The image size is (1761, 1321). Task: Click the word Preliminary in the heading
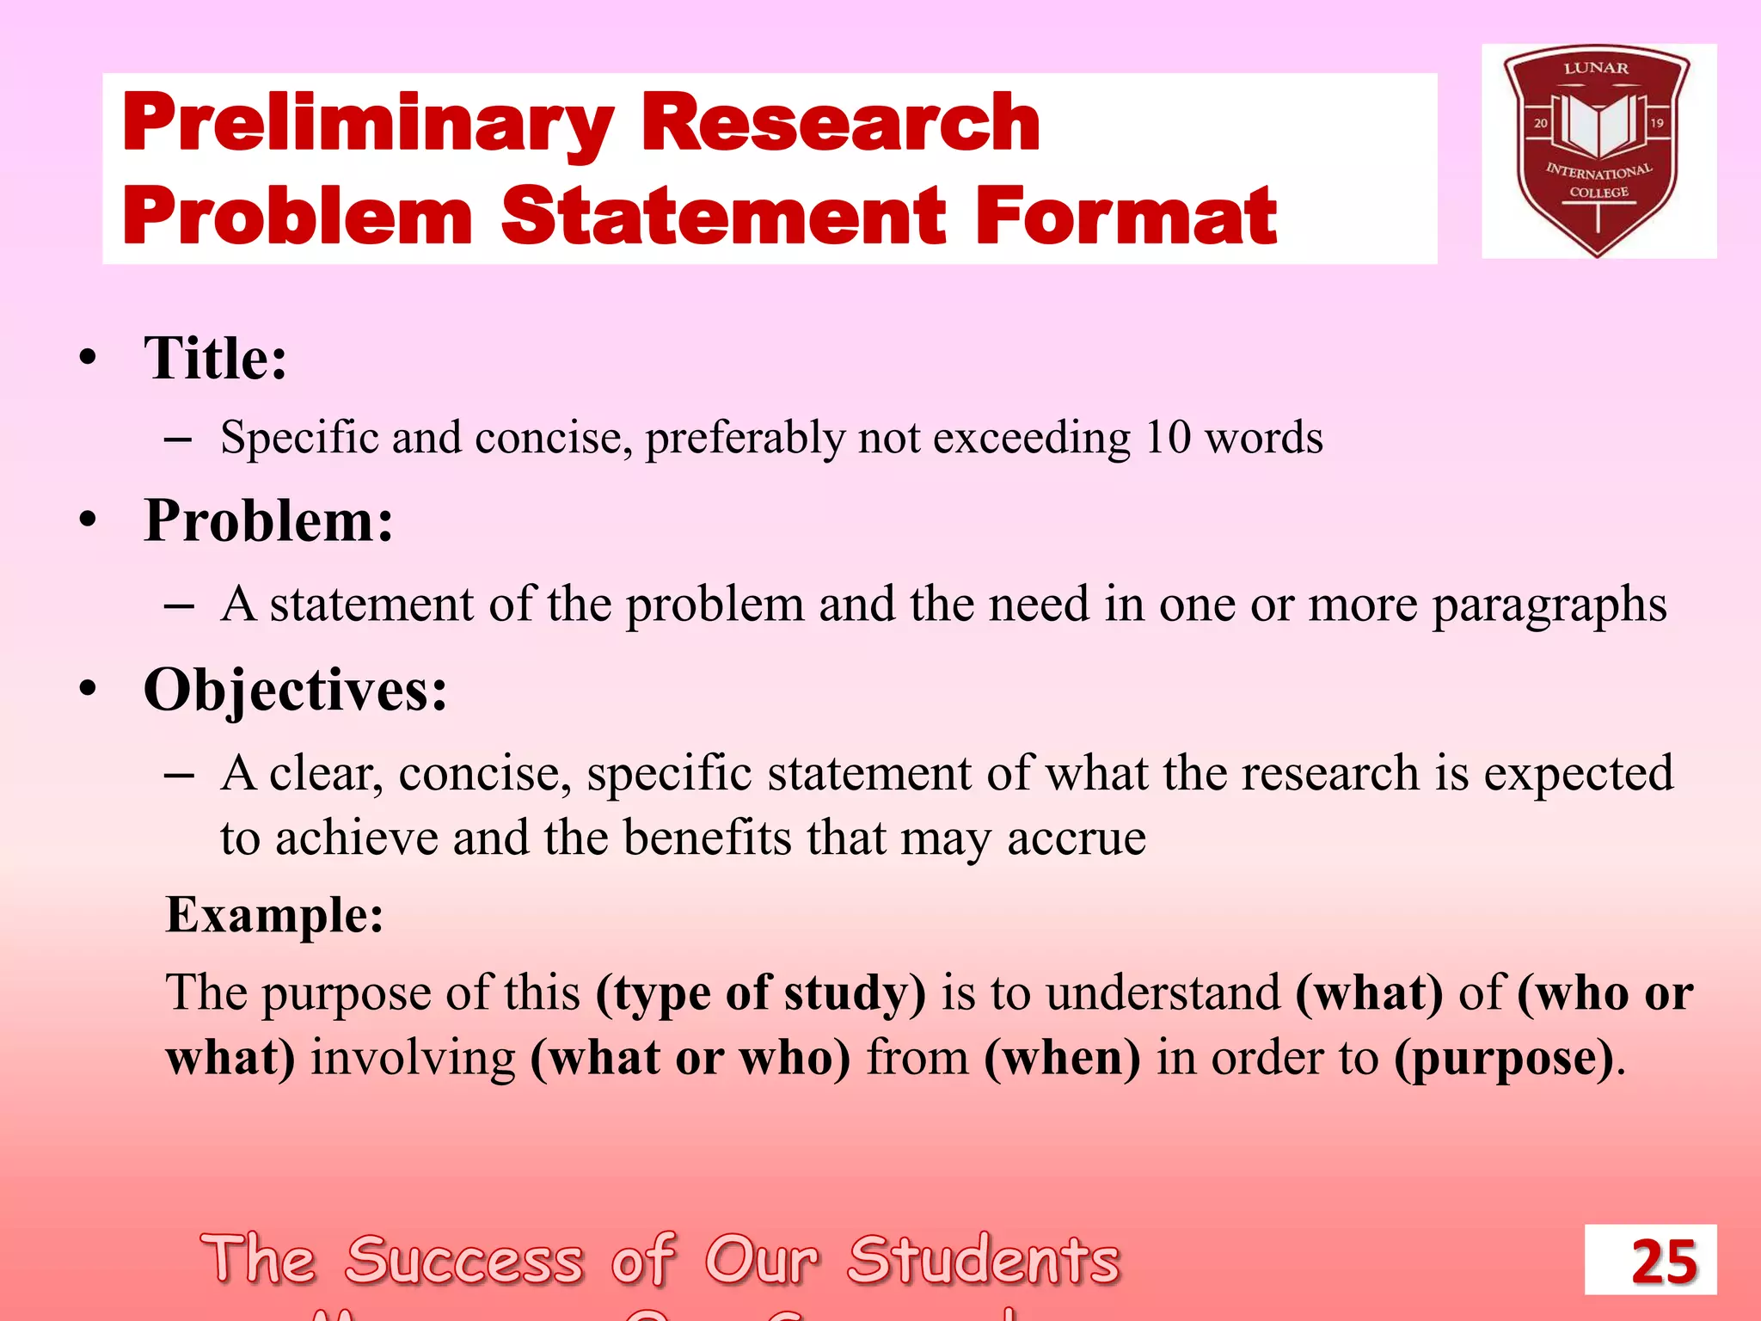(368, 125)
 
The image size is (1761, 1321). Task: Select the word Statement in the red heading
(723, 217)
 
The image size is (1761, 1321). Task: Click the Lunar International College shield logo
(1598, 151)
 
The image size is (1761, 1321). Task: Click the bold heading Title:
(215, 358)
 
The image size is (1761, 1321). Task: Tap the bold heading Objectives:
(295, 690)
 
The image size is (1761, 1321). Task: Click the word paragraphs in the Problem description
(1549, 605)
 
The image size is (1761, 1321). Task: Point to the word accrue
(1077, 838)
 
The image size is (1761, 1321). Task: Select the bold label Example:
(274, 914)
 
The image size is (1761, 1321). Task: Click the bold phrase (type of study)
(761, 992)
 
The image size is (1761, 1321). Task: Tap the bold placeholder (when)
(1062, 1057)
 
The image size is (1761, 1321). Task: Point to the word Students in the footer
(984, 1260)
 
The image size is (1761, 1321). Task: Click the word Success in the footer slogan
(465, 1260)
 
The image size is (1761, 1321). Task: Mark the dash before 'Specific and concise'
(178, 439)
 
